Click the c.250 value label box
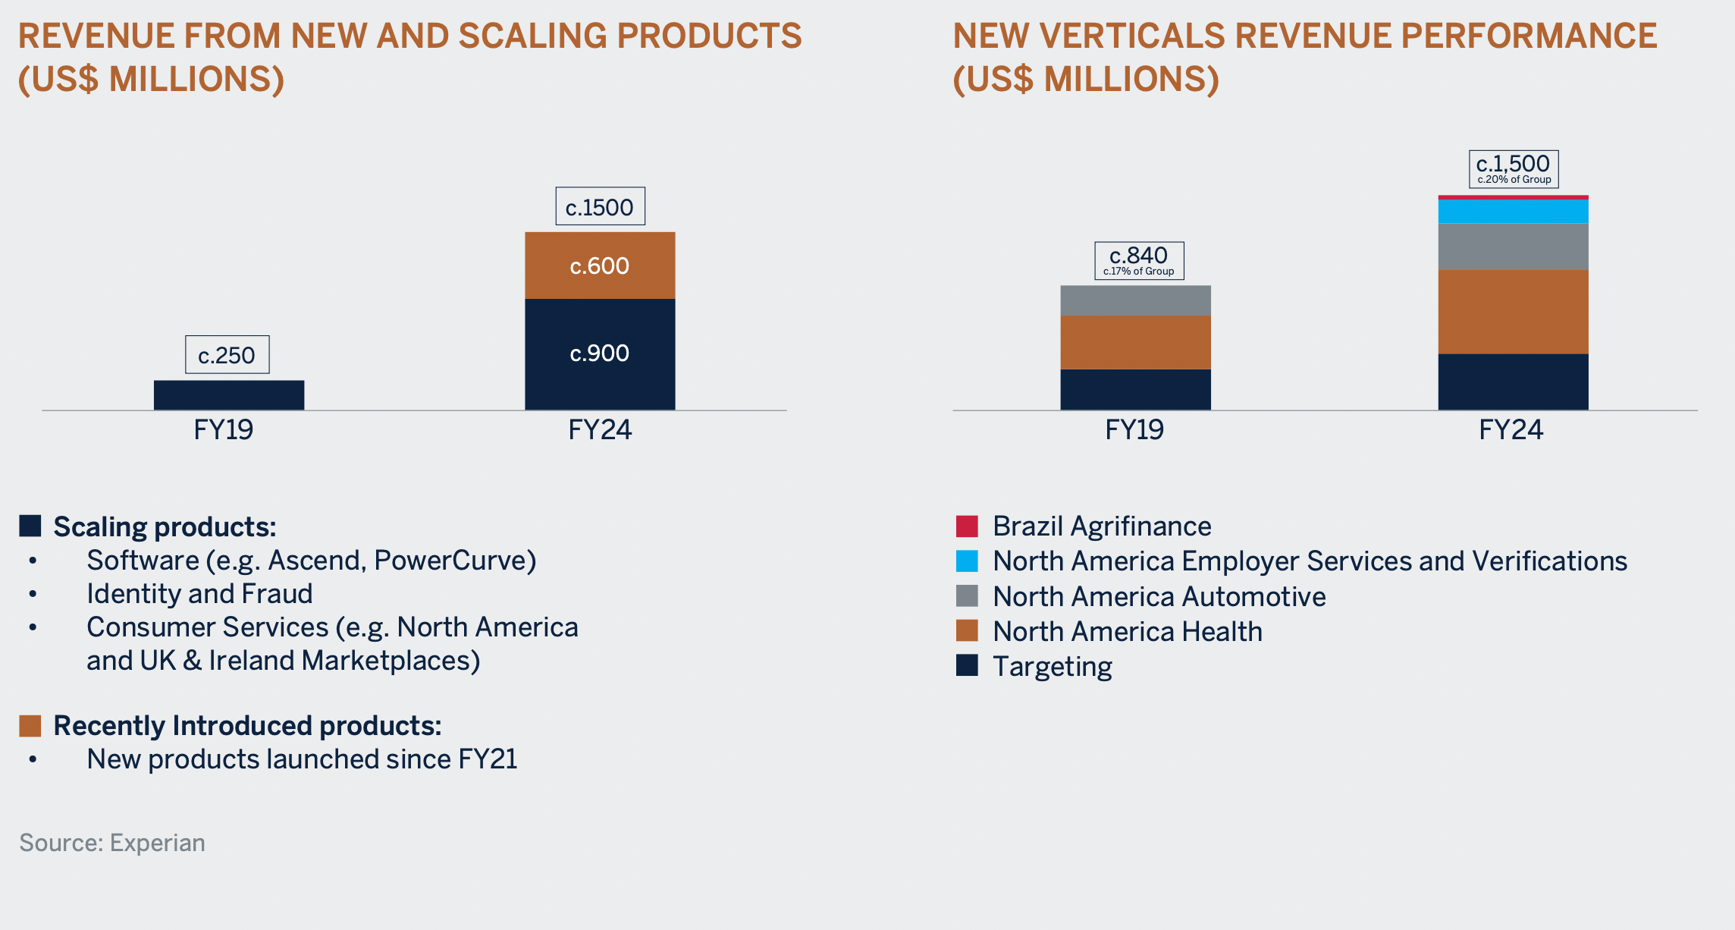pyautogui.click(x=227, y=355)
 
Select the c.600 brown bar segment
pyautogui.click(x=600, y=265)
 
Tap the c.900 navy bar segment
pyautogui.click(x=600, y=353)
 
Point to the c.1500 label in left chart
pyautogui.click(x=600, y=206)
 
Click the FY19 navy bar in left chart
pyautogui.click(x=229, y=395)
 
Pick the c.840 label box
pyautogui.click(x=1138, y=260)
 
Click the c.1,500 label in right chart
pyautogui.click(x=1514, y=168)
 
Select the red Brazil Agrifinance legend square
pyautogui.click(x=967, y=526)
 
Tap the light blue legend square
pyautogui.click(x=967, y=561)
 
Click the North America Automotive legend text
pyautogui.click(x=1159, y=596)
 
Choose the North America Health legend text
pyautogui.click(x=1127, y=631)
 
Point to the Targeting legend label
pyautogui.click(x=1052, y=666)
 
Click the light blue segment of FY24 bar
pyautogui.click(x=1513, y=211)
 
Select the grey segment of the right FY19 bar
pyautogui.click(x=1135, y=300)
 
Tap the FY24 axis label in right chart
pyautogui.click(x=1511, y=429)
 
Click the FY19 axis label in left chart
pyautogui.click(x=223, y=429)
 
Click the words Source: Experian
pyautogui.click(x=112, y=843)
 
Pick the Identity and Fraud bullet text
pyautogui.click(x=199, y=593)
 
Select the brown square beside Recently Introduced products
pyautogui.click(x=30, y=726)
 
